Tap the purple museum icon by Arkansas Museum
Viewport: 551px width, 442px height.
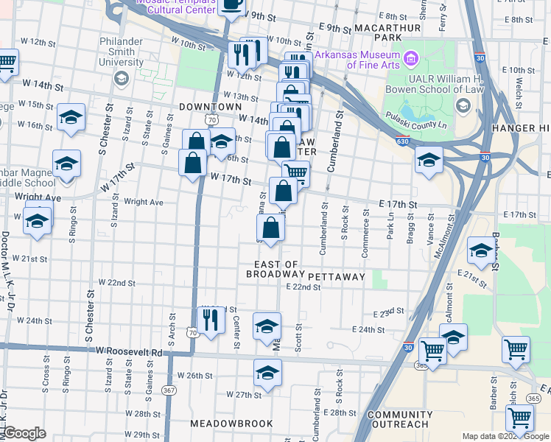(x=411, y=57)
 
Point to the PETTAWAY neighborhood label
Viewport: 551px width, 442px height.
(x=337, y=276)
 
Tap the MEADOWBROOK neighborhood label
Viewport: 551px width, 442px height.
(x=231, y=424)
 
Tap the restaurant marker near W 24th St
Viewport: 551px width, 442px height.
(x=211, y=320)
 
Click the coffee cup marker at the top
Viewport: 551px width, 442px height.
(x=232, y=4)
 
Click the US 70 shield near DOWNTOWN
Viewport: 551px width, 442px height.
(x=211, y=119)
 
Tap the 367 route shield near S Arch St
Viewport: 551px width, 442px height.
(x=169, y=390)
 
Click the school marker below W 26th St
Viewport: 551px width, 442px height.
(x=267, y=373)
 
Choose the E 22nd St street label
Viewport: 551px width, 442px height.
(x=304, y=287)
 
